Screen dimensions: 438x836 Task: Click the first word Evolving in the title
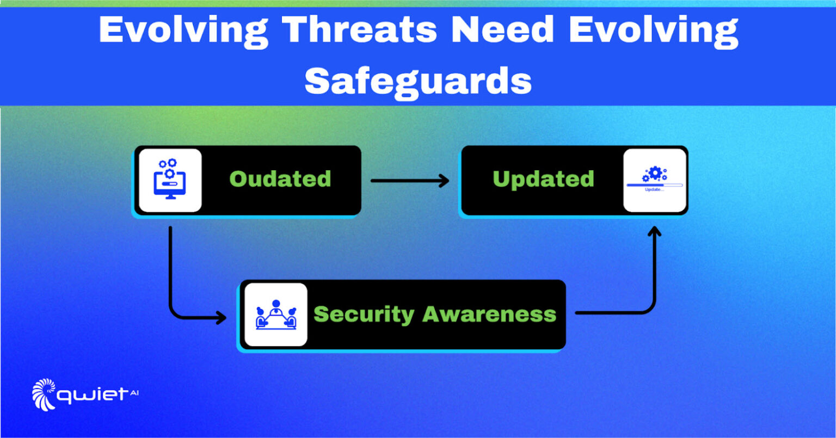pos(183,30)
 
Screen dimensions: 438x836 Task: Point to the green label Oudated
pos(280,179)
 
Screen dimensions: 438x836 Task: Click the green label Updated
pos(543,179)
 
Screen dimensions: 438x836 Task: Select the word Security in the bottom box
pos(364,314)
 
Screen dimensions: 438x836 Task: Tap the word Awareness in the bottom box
pos(489,314)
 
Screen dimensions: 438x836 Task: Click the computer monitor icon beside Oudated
pos(170,180)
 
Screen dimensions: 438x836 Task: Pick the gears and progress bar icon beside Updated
pos(654,180)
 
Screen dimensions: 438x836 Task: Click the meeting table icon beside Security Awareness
pos(275,314)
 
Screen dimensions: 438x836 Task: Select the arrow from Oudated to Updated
pos(409,181)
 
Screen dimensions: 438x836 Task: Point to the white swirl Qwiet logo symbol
pos(44,394)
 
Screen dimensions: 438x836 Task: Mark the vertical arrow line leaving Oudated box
pos(170,267)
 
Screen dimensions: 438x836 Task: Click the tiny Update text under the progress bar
pos(654,190)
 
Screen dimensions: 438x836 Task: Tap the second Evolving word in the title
pos(653,30)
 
